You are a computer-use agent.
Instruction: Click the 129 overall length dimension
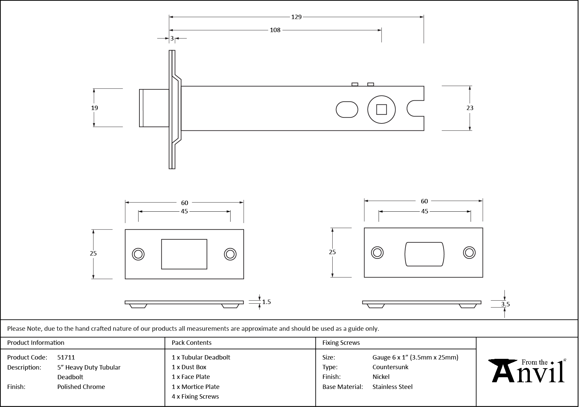[x=296, y=17]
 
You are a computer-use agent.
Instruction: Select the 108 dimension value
[x=275, y=30]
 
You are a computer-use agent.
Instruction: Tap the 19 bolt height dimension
[x=95, y=108]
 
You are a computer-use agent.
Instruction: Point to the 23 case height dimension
[x=470, y=108]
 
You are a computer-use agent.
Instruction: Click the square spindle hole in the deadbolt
[x=381, y=110]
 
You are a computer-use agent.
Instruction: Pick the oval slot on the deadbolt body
[x=347, y=110]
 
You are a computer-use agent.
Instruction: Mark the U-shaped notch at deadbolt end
[x=415, y=108]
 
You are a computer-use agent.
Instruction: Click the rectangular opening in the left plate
[x=184, y=254]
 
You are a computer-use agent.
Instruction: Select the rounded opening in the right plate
[x=424, y=254]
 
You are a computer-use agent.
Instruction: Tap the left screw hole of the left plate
[x=138, y=254]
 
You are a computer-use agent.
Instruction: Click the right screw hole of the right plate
[x=469, y=252]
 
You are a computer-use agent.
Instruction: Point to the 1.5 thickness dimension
[x=266, y=302]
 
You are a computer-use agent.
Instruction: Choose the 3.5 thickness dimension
[x=505, y=304]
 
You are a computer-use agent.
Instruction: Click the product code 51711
[x=66, y=357]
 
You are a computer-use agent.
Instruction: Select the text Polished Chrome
[x=81, y=387]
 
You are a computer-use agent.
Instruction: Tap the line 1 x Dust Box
[x=189, y=367]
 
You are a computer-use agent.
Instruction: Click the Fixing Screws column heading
[x=341, y=343]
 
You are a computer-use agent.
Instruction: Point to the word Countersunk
[x=390, y=367]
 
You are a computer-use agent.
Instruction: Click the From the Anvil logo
[x=528, y=371]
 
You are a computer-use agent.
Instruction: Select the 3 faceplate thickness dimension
[x=172, y=38]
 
